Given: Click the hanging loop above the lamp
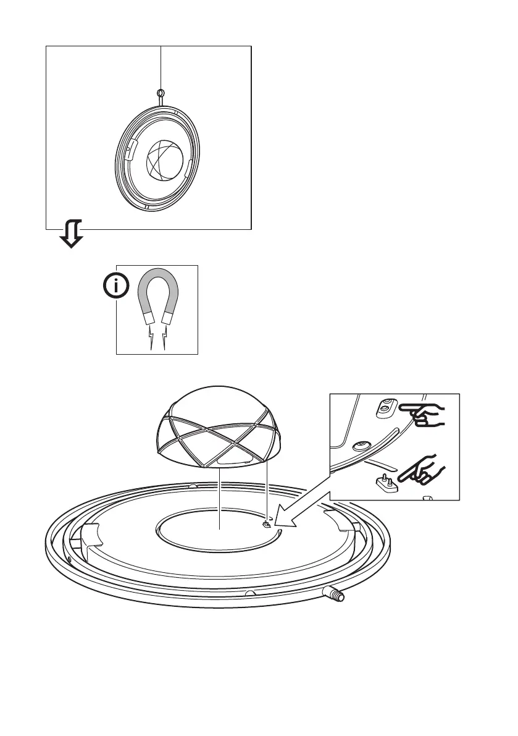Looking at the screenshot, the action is tap(161, 94).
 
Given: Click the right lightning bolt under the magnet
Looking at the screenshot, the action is tap(164, 339).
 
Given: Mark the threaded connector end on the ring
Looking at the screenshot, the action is tap(337, 596).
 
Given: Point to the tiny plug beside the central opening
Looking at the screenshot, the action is tap(267, 525).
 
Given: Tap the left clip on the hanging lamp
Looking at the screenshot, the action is tap(129, 149).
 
